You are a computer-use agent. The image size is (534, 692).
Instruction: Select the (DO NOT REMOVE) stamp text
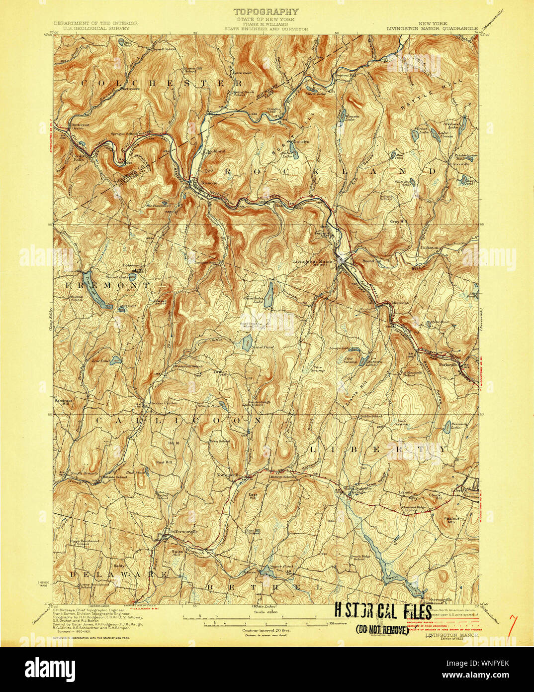[382, 630]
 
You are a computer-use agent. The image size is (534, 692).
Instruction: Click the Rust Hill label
[164, 462]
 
